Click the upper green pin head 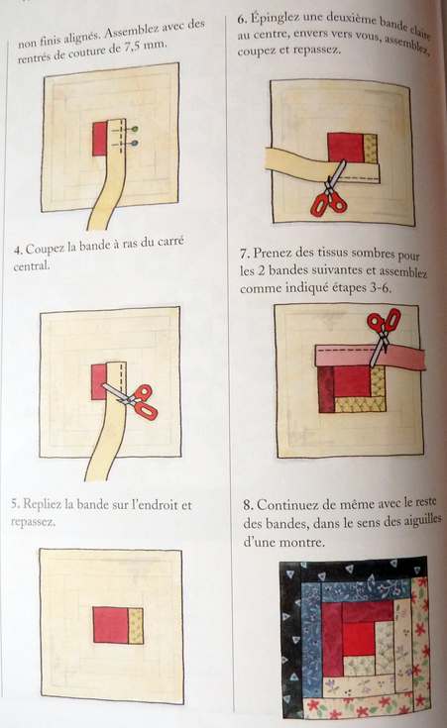pyautogui.click(x=135, y=129)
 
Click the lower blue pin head pyautogui.click(x=134, y=144)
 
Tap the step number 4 pyautogui.click(x=17, y=251)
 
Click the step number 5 pyautogui.click(x=15, y=504)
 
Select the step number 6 pyautogui.click(x=241, y=19)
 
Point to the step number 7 pyautogui.click(x=245, y=254)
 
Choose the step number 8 pyautogui.click(x=248, y=505)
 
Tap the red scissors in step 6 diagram pyautogui.click(x=330, y=192)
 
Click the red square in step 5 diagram pyautogui.click(x=111, y=625)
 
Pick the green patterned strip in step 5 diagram pyautogui.click(x=136, y=626)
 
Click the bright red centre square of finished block pyautogui.click(x=358, y=638)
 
